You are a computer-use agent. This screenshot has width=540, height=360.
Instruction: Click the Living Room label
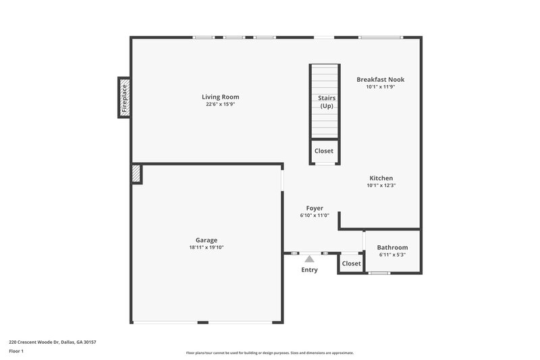coord(220,97)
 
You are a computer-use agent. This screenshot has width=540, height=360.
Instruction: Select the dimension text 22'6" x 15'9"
coord(220,105)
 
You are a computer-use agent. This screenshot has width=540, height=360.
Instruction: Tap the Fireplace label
coord(124,97)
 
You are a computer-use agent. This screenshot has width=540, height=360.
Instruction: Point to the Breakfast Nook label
coord(380,79)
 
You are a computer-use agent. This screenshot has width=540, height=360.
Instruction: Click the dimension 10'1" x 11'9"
coord(380,87)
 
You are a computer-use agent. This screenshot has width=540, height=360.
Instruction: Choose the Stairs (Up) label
coord(327,102)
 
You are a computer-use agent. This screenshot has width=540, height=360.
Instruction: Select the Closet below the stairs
coord(323,151)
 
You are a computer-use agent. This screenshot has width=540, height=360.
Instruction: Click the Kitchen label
coord(381,178)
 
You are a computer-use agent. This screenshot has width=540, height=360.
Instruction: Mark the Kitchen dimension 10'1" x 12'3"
coord(381,186)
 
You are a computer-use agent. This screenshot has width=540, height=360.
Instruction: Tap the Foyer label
coord(315,208)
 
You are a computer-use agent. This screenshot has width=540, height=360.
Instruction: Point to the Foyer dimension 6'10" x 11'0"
coord(315,215)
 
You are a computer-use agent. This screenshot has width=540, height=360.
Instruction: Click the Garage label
coord(207,240)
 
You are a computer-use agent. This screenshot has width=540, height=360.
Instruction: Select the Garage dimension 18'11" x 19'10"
coord(207,248)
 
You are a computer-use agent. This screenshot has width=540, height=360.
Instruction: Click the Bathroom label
coord(392,247)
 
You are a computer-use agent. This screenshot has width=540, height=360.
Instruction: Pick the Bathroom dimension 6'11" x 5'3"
coord(392,255)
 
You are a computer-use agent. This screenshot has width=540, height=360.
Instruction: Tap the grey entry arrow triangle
coord(309,258)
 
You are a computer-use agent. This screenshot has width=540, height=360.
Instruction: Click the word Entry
coord(309,270)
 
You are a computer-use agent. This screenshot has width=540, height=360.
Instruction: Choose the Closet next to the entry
coord(351,263)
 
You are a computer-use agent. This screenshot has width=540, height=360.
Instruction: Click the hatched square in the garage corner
coord(136,174)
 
